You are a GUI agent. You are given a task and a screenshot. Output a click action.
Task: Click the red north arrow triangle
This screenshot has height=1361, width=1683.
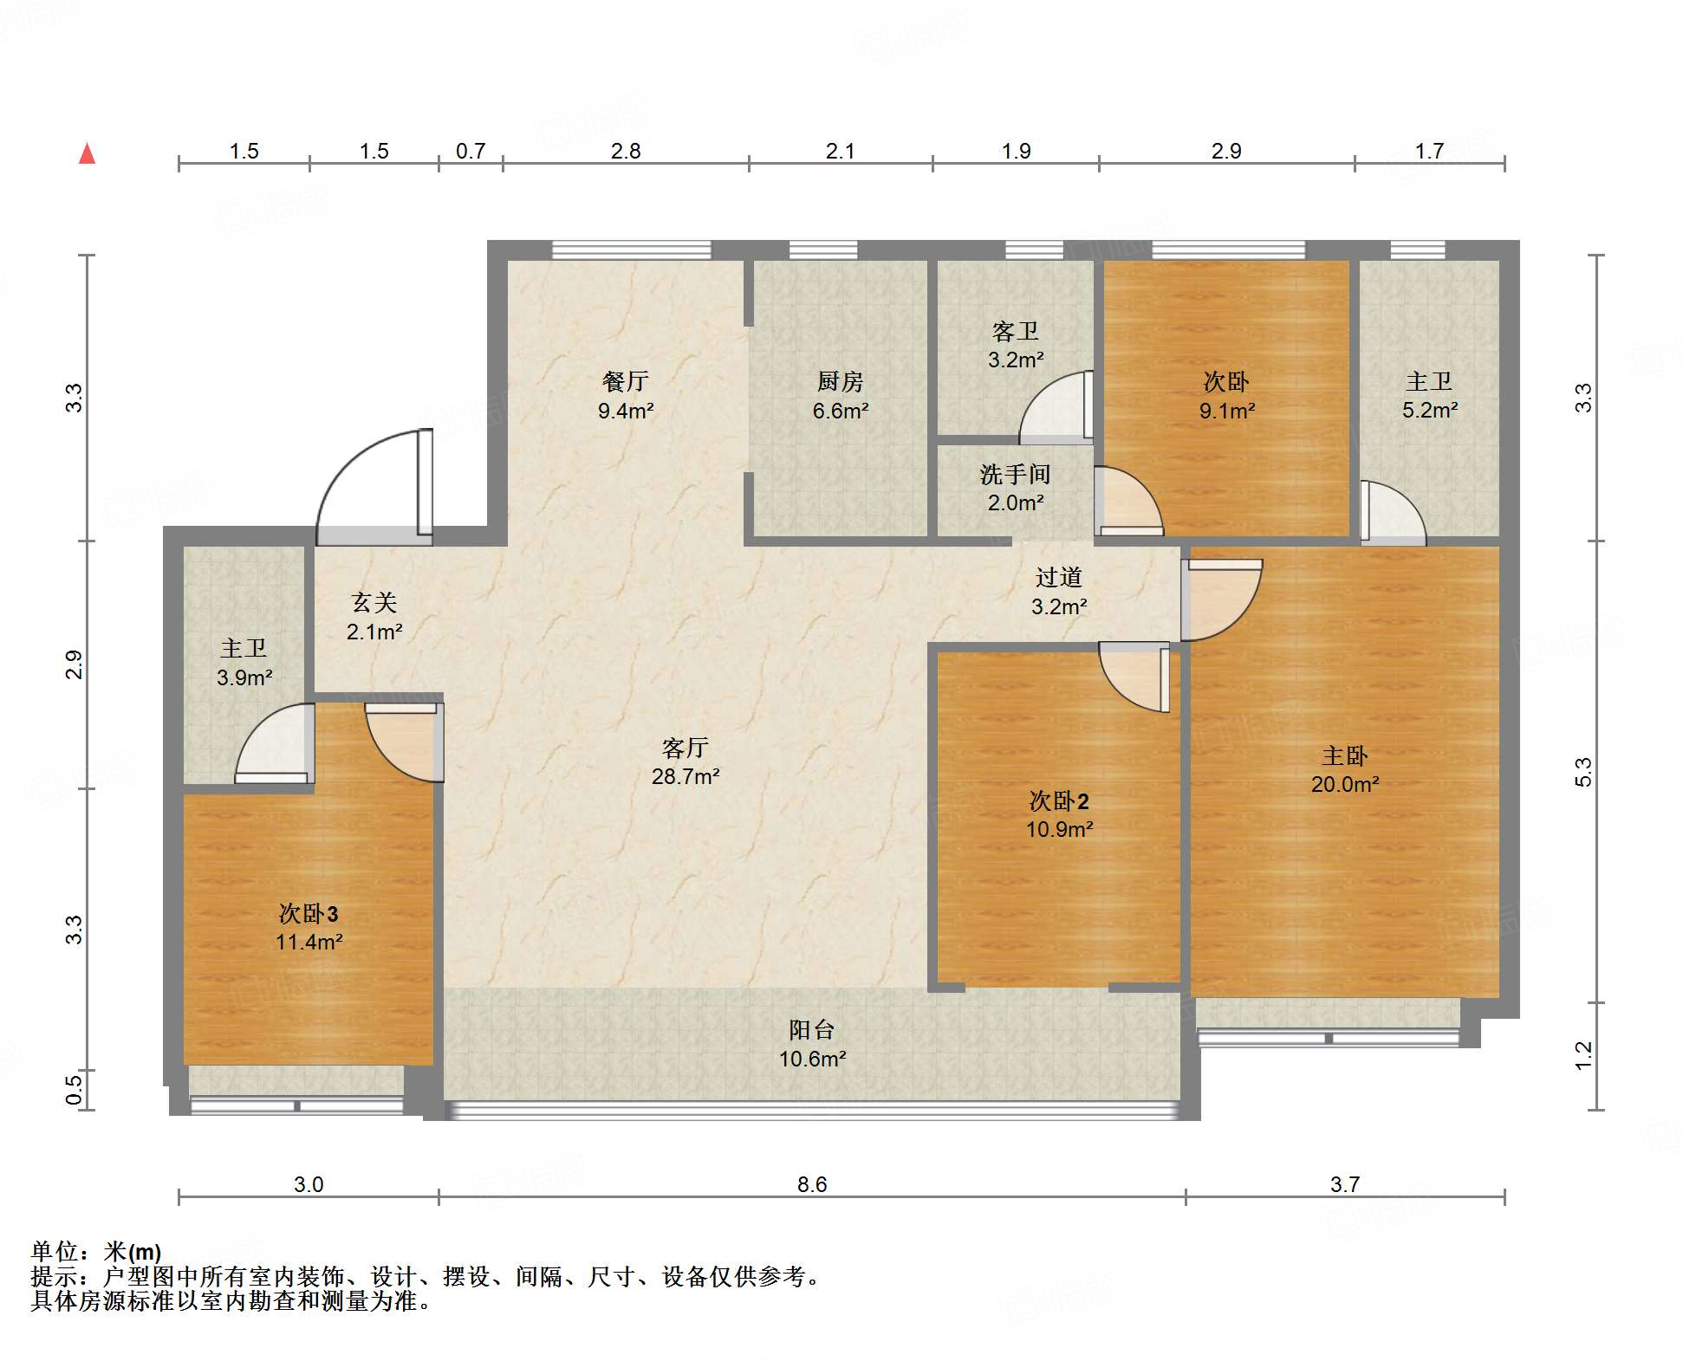coord(87,154)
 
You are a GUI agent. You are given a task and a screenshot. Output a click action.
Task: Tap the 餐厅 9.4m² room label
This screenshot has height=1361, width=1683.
coord(625,396)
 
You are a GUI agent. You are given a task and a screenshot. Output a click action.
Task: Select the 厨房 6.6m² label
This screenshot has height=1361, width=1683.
coord(840,396)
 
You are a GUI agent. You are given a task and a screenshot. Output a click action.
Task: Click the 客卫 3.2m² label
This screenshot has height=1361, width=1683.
coord(1015,346)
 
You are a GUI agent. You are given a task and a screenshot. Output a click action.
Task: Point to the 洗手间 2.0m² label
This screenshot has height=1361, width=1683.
coord(1015,489)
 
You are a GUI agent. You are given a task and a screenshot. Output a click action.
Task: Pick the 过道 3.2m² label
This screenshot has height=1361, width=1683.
coord(1058,592)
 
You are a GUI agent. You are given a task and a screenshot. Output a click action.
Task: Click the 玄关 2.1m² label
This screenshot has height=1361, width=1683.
coord(374,617)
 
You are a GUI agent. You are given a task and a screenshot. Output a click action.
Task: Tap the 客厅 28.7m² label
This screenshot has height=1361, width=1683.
coord(685,762)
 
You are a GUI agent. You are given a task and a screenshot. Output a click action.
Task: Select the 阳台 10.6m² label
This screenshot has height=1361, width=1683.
coord(812,1044)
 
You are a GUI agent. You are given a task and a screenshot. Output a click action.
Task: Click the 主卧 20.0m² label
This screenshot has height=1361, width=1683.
coord(1344,769)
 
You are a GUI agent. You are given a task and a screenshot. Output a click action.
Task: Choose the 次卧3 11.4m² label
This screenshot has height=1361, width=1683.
coord(309,927)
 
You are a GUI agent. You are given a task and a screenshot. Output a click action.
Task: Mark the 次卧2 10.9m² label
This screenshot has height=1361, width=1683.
coord(1059,814)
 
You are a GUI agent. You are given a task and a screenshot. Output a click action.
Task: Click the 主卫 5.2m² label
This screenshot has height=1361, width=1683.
coord(1429,395)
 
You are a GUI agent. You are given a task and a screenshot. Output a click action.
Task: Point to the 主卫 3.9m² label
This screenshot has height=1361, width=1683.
coord(244,663)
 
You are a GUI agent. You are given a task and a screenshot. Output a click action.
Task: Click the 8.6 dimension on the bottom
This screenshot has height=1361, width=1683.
coord(812,1184)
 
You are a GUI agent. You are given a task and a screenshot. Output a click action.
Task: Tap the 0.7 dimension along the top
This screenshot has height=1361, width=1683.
coord(471,151)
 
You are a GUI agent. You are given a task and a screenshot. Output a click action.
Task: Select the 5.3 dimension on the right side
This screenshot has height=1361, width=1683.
coord(1582,771)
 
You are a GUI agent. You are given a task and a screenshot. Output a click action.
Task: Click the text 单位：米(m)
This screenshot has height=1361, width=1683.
coord(96,1252)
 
